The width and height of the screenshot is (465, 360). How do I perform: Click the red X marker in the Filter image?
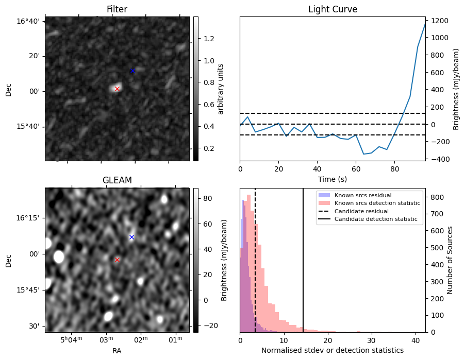click(117, 89)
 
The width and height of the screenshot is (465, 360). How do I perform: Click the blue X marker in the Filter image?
click(132, 71)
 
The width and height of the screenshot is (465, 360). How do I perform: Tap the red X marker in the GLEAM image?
click(117, 260)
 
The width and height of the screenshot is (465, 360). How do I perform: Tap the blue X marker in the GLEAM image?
click(131, 237)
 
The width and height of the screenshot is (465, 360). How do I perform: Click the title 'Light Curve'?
click(333, 9)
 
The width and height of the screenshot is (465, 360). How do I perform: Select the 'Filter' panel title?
click(117, 9)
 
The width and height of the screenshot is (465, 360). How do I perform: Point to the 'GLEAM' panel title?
click(117, 180)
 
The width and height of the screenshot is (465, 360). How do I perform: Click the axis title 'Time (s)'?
click(333, 179)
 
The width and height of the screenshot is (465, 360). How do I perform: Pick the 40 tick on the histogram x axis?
click(415, 339)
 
